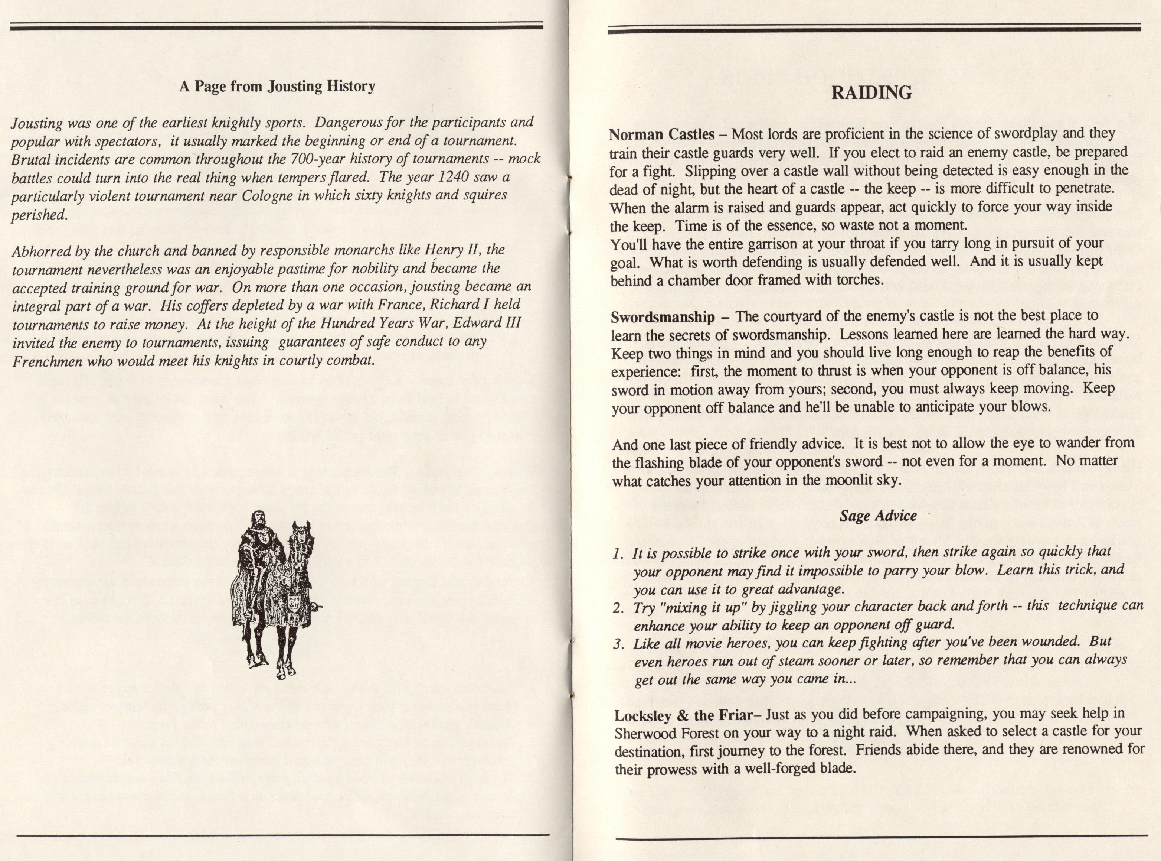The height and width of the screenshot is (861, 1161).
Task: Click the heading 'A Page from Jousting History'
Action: [x=277, y=86]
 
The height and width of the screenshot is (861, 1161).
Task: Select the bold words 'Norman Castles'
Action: [x=661, y=134]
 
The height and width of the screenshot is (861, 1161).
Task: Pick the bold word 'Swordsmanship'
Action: [x=663, y=317]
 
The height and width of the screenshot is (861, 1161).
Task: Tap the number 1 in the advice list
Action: [x=617, y=554]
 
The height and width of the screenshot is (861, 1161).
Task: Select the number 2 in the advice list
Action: [x=618, y=608]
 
